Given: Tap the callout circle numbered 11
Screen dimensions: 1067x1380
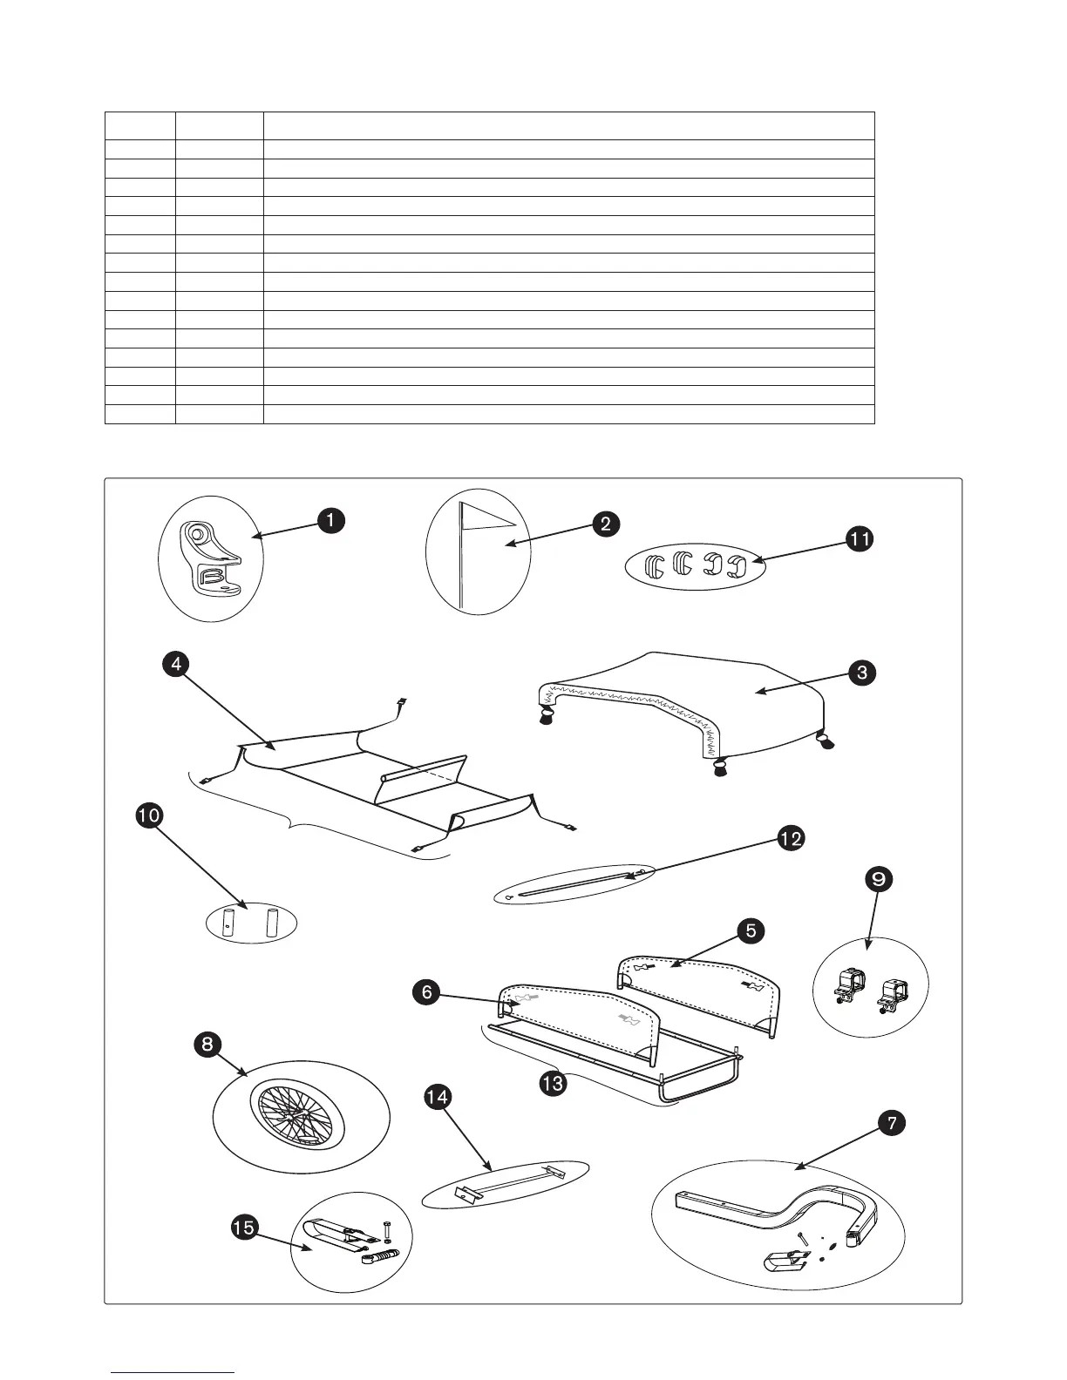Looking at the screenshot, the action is tap(859, 539).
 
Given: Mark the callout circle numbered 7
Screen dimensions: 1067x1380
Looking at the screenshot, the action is tap(890, 1125).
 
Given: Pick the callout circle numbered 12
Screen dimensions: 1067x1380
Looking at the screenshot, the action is tap(791, 839).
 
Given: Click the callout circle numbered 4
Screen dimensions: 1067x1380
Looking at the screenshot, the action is tap(176, 664).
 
